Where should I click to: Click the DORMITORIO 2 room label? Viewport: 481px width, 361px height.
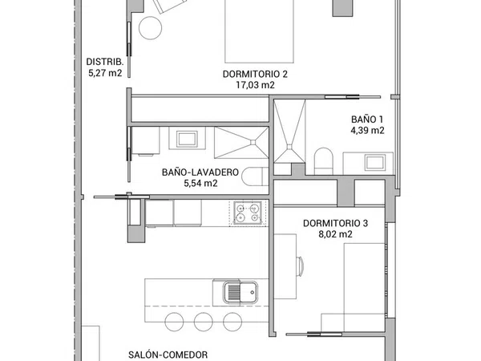255,75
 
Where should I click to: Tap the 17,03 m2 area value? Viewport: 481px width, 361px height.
255,85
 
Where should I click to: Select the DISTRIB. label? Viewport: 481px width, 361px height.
105,62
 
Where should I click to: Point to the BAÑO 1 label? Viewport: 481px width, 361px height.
367,119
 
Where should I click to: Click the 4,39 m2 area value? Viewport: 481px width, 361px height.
367,130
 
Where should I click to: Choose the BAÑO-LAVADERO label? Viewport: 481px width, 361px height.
200,172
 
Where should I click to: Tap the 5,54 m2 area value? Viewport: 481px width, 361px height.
200,183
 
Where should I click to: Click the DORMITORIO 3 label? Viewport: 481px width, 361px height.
335,223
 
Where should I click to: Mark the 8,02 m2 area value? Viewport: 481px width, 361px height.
335,234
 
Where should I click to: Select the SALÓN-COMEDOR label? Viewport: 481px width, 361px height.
168,355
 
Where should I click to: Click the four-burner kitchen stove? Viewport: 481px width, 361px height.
247,213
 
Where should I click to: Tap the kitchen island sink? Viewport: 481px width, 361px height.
240,292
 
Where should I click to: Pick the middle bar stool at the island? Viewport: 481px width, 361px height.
203,322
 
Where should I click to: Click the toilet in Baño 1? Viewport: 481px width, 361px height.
324,161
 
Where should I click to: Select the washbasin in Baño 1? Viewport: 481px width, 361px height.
375,162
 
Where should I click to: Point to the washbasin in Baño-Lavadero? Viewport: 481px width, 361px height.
187,139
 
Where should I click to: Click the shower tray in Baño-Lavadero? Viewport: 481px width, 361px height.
241,143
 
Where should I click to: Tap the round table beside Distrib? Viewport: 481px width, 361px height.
151,27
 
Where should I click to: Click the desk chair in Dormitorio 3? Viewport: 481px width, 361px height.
300,266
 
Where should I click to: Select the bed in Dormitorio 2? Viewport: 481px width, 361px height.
259,31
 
